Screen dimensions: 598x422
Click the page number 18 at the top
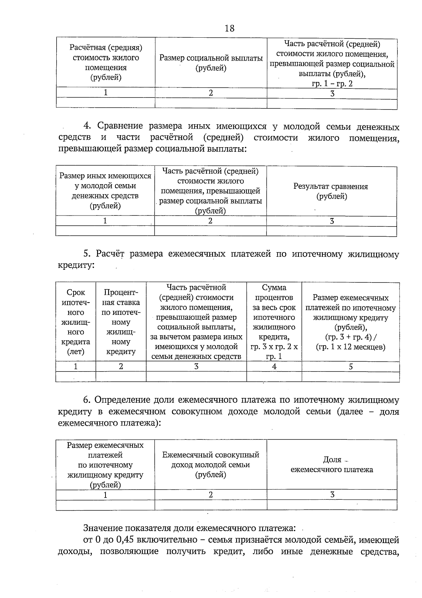click(229, 28)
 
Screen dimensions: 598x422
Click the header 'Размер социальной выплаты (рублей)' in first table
click(211, 63)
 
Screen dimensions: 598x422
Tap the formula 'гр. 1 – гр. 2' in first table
click(332, 84)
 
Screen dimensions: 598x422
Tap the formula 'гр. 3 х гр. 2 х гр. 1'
click(274, 351)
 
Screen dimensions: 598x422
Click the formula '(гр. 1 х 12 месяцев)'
click(350, 347)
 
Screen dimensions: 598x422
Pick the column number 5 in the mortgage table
click(351, 367)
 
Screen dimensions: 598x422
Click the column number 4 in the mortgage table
click(274, 367)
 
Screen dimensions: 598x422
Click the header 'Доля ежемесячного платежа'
click(332, 465)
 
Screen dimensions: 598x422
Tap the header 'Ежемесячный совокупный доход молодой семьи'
click(210, 465)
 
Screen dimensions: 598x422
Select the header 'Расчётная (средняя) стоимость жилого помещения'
click(105, 62)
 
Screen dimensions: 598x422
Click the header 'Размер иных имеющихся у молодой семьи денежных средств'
click(105, 191)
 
